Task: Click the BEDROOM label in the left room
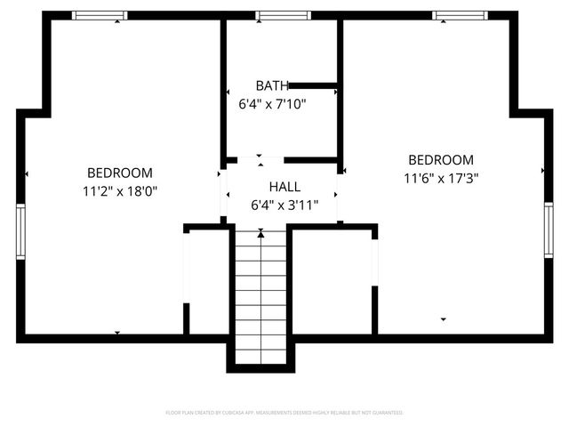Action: coord(119,173)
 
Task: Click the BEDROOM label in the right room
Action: coord(441,160)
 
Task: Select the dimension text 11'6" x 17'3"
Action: coord(441,177)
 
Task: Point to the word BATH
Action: coord(272,86)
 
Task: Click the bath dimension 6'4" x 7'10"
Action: coord(272,103)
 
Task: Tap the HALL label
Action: coord(284,188)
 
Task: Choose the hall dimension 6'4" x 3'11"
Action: coord(284,205)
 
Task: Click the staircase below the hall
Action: coord(260,294)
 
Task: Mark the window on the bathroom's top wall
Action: coord(283,15)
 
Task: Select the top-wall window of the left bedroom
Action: coord(100,15)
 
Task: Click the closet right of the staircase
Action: coord(331,280)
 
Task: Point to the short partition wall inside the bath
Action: coord(313,86)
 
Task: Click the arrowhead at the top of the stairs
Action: coord(260,234)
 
